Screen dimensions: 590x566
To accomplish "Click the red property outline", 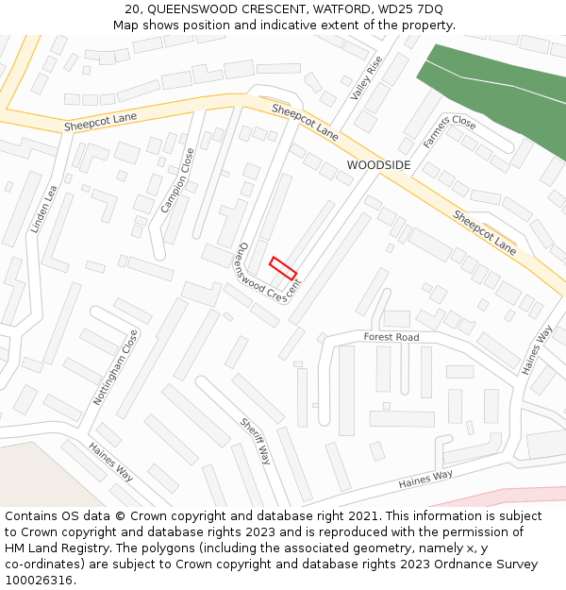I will click(x=284, y=267).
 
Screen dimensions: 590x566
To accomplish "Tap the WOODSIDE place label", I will click(x=378, y=164).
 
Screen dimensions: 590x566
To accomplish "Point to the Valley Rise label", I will click(x=366, y=78).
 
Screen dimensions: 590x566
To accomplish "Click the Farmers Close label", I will click(x=449, y=132).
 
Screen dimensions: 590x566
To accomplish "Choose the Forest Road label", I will click(x=391, y=337).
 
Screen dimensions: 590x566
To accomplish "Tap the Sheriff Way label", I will click(x=255, y=441).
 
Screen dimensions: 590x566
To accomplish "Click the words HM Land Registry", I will click(x=53, y=548).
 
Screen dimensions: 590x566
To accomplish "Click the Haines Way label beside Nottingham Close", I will click(x=111, y=461).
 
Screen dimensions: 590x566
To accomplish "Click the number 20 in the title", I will click(x=132, y=9).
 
